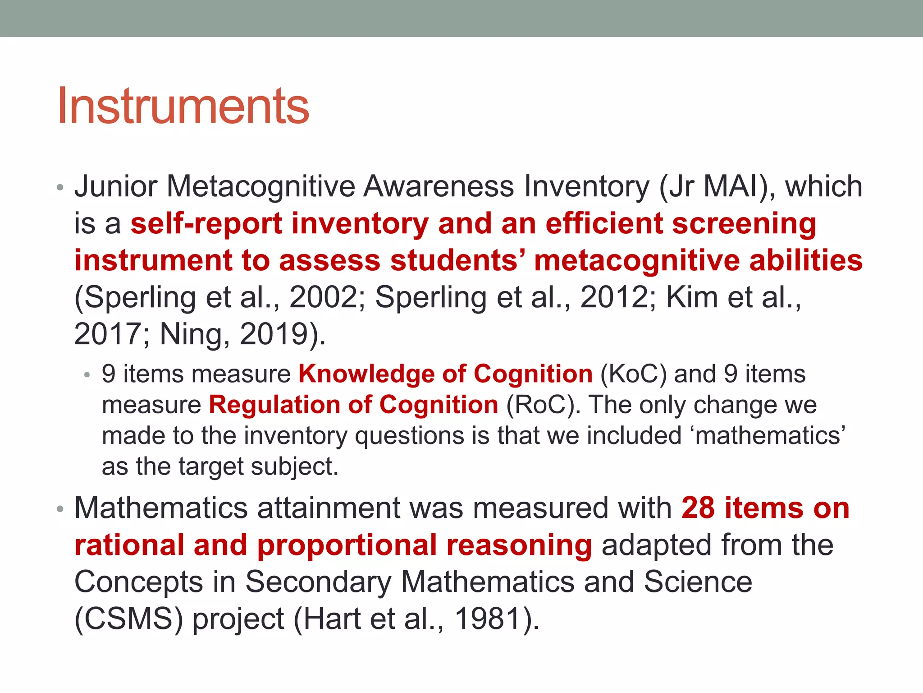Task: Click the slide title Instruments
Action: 183,106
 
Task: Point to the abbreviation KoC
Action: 633,374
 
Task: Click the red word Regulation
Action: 274,405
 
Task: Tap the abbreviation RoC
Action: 540,405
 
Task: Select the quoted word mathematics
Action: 768,436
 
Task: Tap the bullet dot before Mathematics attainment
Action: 60,509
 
